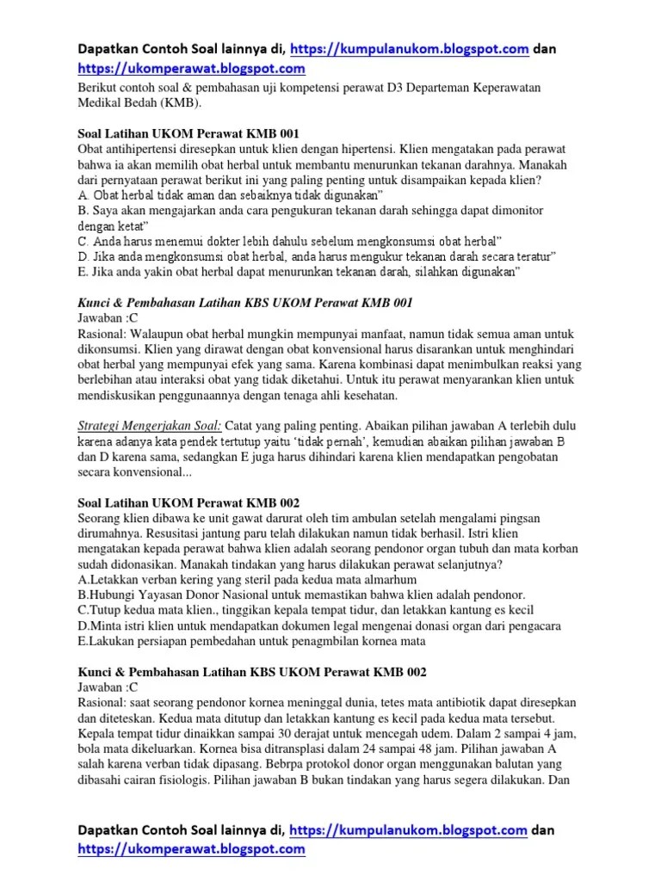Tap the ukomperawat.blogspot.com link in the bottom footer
coord(191,849)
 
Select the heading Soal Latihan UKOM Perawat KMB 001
coord(183,134)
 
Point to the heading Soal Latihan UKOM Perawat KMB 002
coord(183,502)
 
